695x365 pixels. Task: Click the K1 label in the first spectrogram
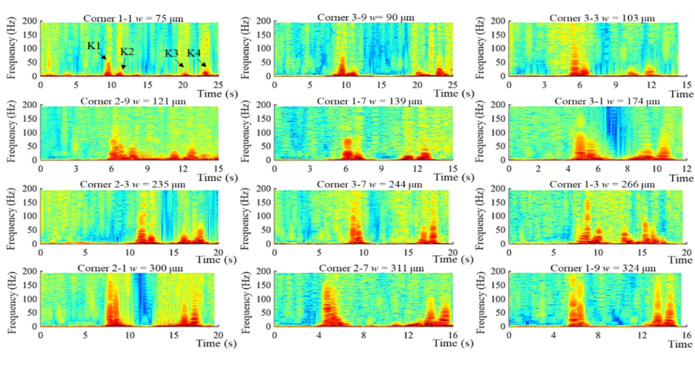[94, 46]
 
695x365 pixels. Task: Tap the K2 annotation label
[127, 52]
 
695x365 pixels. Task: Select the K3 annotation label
[172, 53]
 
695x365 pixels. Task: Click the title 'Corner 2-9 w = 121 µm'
[127, 102]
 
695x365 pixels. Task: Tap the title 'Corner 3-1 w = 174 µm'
[598, 102]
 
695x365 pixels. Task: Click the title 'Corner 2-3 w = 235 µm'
[127, 185]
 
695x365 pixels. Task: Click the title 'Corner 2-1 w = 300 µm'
[127, 268]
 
